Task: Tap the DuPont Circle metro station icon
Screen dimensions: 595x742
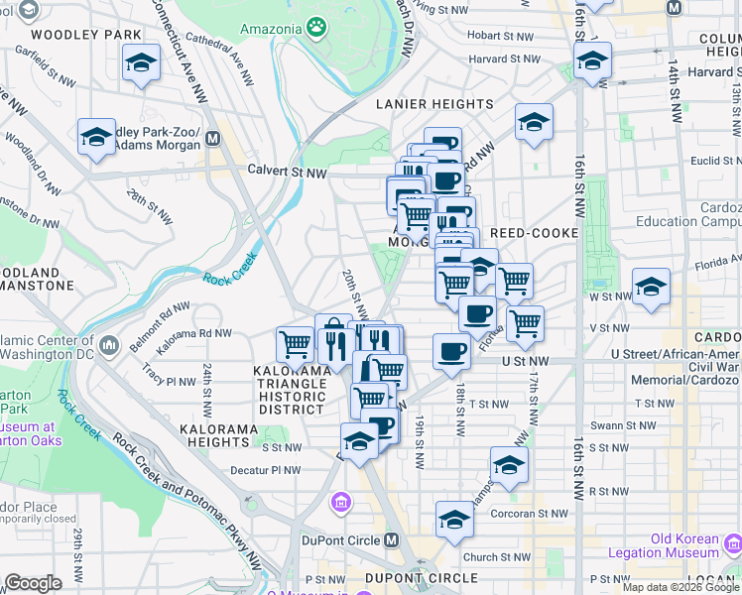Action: pyautogui.click(x=391, y=540)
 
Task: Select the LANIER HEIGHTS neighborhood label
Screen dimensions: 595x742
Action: pyautogui.click(x=434, y=104)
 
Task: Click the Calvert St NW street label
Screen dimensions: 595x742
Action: pyautogui.click(x=287, y=172)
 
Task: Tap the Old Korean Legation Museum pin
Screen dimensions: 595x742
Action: pyautogui.click(x=733, y=544)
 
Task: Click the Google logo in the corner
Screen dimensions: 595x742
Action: pyautogui.click(x=33, y=582)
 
